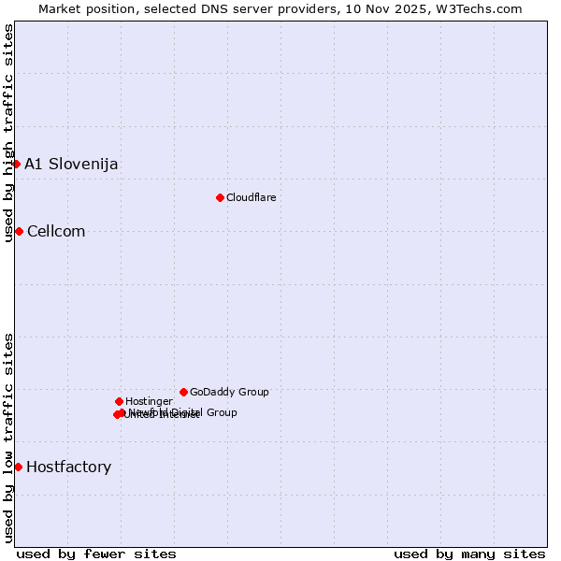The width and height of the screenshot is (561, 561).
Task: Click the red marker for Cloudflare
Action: (220, 197)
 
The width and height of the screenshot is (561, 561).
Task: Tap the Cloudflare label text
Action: (251, 197)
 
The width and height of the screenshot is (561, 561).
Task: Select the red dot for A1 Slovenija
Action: (16, 164)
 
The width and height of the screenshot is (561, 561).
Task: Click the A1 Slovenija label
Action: (71, 164)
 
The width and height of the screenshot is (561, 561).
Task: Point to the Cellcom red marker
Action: (19, 231)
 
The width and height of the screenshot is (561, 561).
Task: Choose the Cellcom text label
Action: (56, 231)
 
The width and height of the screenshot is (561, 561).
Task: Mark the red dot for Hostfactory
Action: (18, 467)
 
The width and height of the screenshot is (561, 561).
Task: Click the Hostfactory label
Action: (68, 467)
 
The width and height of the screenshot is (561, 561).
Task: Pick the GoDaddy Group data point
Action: (183, 392)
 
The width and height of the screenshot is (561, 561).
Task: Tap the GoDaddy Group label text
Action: (229, 392)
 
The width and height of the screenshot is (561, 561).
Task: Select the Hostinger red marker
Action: (119, 401)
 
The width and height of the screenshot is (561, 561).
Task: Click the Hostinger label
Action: (149, 401)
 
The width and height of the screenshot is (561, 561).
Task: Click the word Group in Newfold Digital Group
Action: (222, 412)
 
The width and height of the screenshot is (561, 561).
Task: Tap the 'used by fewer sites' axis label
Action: (96, 554)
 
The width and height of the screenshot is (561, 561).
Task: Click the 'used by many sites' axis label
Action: (469, 554)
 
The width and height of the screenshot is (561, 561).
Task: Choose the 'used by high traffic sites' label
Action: (8, 133)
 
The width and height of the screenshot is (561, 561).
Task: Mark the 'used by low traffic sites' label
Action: (8, 438)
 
